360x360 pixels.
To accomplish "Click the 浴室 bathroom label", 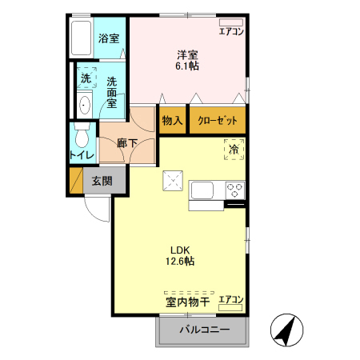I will click(109, 38).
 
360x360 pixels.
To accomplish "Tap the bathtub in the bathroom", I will click(82, 38).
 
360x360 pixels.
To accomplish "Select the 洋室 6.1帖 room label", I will click(188, 60).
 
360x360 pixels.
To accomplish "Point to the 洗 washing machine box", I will click(84, 78).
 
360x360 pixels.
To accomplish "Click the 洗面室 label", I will click(112, 91).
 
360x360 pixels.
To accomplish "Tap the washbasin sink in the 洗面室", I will click(84, 104).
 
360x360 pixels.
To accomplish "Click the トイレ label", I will click(82, 154).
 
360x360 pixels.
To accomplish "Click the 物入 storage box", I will click(172, 120).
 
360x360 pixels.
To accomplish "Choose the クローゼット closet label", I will click(217, 120).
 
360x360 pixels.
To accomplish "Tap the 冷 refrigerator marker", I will click(234, 149).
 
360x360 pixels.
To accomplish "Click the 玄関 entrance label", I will click(101, 180).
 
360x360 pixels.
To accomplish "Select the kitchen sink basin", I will click(201, 190).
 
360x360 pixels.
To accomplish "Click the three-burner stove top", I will click(234, 190).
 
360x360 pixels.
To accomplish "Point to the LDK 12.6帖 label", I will click(181, 255).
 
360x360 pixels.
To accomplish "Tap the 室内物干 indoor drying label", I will click(188, 302).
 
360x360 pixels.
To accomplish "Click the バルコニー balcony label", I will click(204, 330).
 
